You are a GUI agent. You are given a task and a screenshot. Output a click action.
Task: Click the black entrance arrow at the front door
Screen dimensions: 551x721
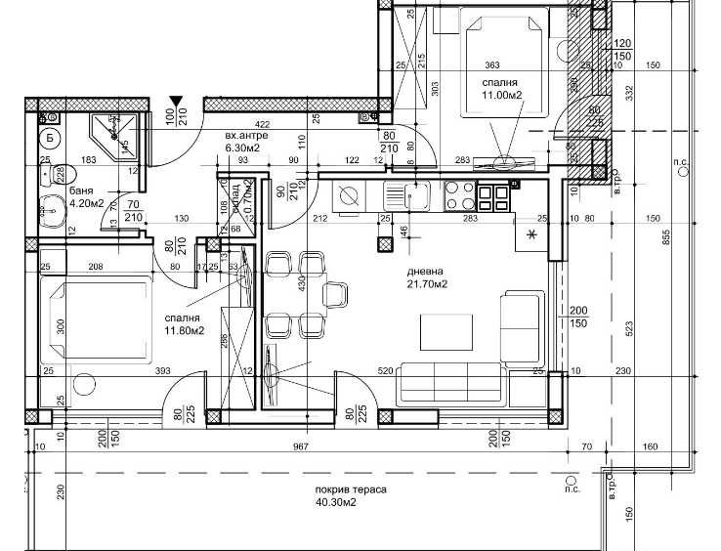176,101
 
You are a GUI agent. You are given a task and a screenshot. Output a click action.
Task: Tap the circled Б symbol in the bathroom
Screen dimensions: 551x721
50,137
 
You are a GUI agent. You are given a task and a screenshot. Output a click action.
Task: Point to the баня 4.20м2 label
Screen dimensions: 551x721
88,198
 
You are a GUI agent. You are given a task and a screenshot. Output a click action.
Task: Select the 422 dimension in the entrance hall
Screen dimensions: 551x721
262,125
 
